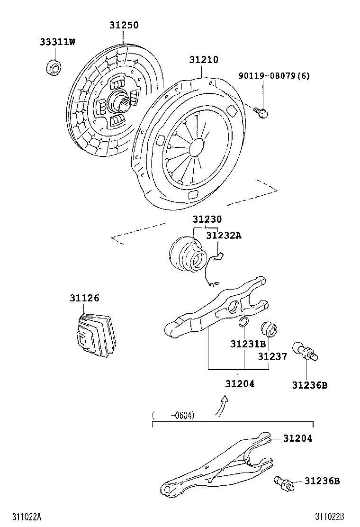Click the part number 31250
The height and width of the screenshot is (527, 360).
click(124, 26)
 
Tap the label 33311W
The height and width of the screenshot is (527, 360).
click(57, 42)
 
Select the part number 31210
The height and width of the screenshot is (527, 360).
click(204, 60)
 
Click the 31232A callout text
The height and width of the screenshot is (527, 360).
click(224, 236)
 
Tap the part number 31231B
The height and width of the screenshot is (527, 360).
click(248, 344)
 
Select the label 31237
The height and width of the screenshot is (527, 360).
click(272, 356)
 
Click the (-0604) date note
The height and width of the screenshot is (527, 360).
click(173, 416)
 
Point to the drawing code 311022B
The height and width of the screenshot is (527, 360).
click(330, 516)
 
